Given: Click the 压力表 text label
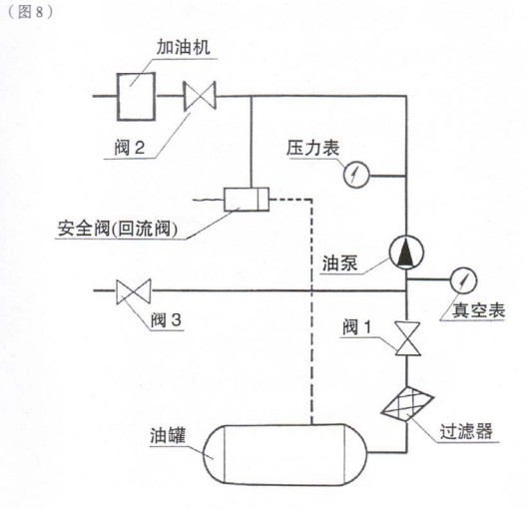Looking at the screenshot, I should click(x=310, y=148).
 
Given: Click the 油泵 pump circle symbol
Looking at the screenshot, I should click(x=405, y=254).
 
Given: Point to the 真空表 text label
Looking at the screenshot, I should click(x=472, y=311).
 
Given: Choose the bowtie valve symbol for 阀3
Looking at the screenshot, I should click(x=133, y=291).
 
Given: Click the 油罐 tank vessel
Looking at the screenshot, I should click(x=283, y=454).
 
